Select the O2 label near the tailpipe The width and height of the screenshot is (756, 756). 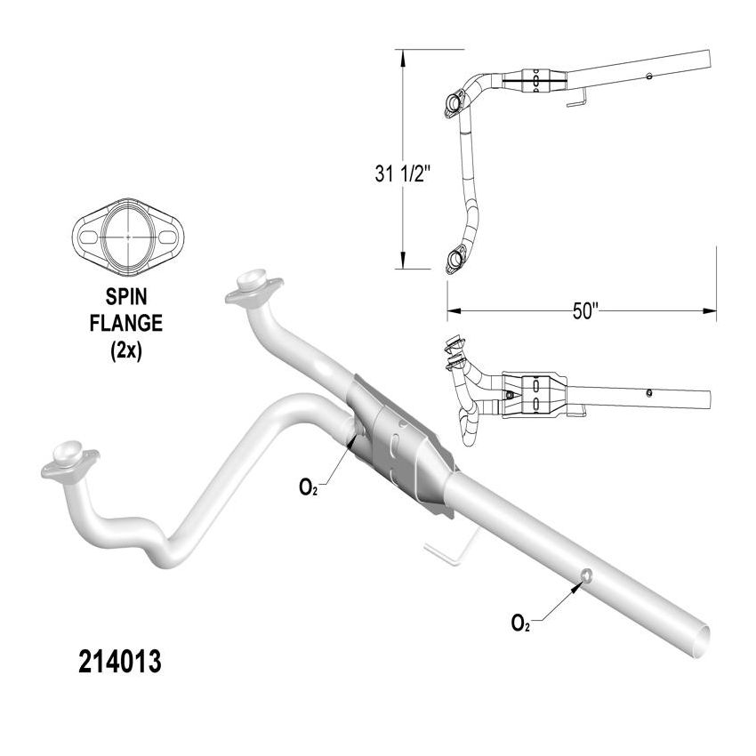coord(521,623)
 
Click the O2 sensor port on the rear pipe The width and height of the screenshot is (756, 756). coord(587,575)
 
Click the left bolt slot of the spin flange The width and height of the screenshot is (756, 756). coord(90,237)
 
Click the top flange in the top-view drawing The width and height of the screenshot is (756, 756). coord(452,103)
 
